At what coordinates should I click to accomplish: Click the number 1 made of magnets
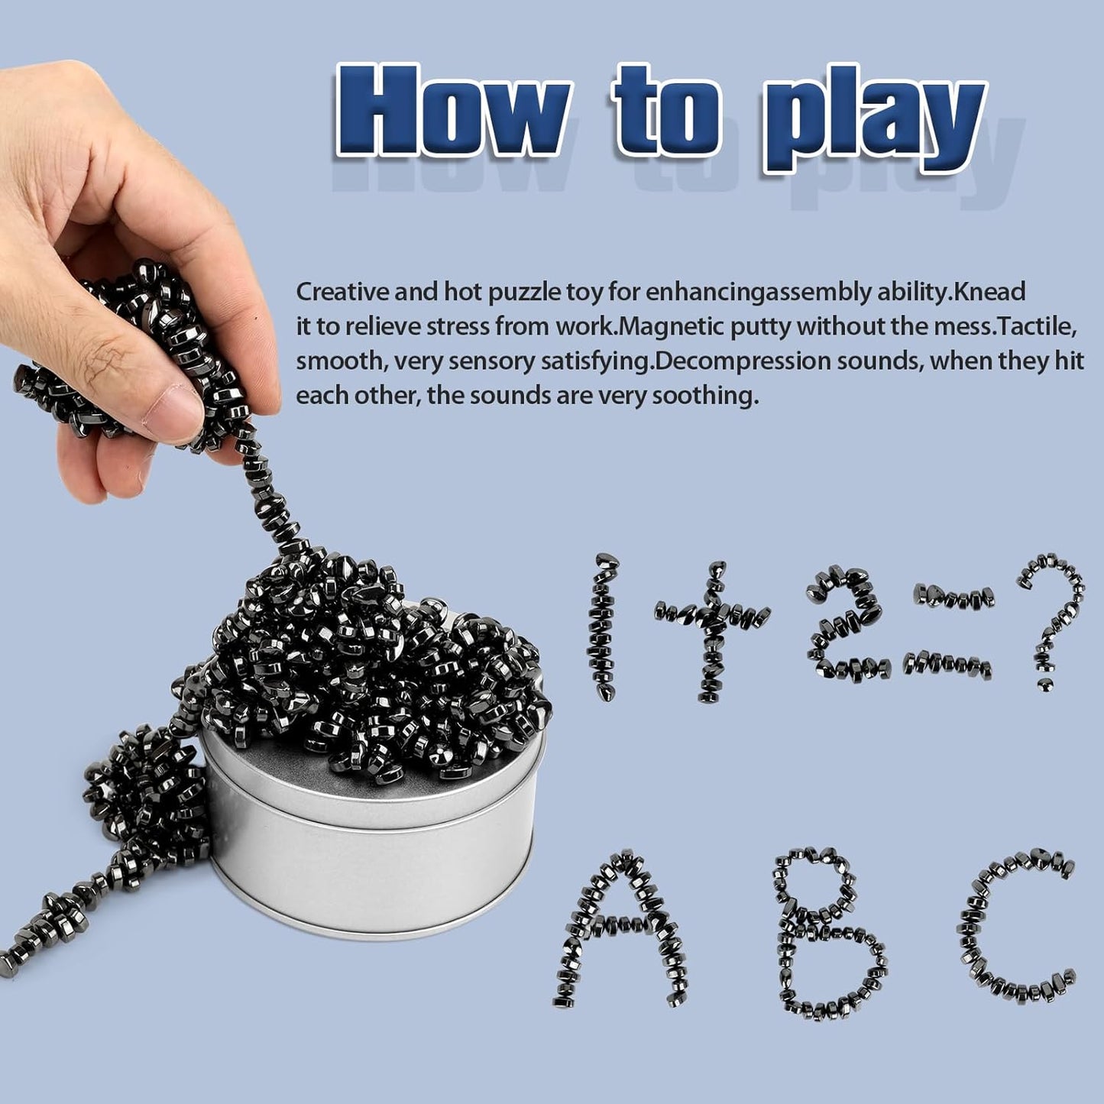coord(604,626)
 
